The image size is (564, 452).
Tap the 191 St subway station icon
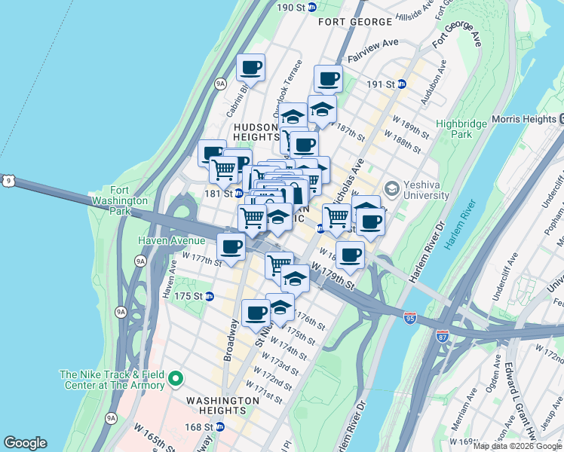pyautogui.click(x=402, y=84)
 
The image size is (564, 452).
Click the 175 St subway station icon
pyautogui.click(x=210, y=296)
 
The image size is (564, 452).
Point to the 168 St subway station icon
pyautogui.click(x=219, y=426)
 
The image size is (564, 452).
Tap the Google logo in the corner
pyautogui.click(x=25, y=443)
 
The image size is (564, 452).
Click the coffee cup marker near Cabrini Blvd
pyautogui.click(x=251, y=68)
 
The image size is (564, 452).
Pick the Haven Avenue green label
pyautogui.click(x=171, y=240)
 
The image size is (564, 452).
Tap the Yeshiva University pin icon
pyautogui.click(x=391, y=188)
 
